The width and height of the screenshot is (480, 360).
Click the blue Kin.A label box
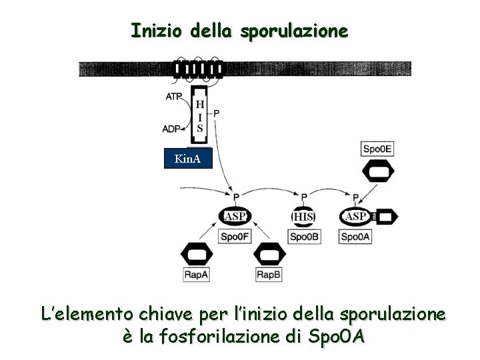(x=187, y=159)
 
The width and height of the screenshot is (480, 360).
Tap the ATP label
(x=175, y=97)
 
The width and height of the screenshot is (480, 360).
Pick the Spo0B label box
(x=303, y=236)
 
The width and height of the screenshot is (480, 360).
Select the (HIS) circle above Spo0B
(x=303, y=217)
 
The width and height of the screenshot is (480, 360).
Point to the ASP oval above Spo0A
(x=355, y=216)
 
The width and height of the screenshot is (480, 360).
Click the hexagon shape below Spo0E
(x=377, y=173)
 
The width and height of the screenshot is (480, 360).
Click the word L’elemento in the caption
(x=85, y=314)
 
